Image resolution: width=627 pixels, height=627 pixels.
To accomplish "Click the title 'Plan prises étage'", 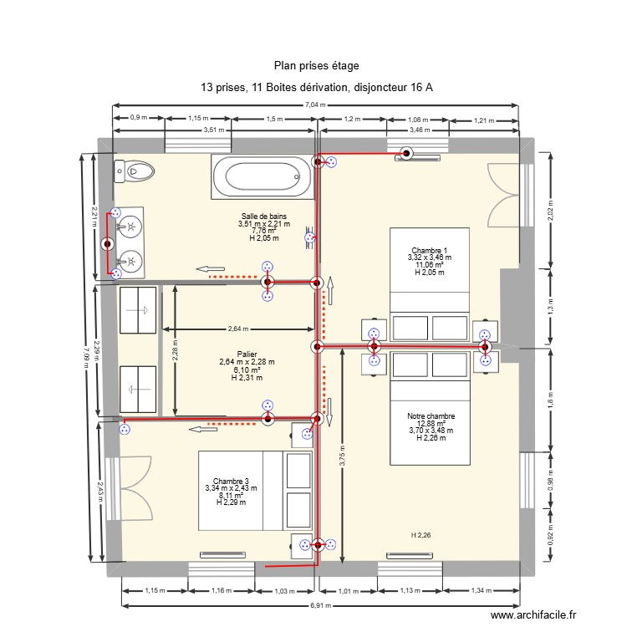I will tap(316, 65).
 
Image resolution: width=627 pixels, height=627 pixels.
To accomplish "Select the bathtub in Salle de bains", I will tap(257, 177).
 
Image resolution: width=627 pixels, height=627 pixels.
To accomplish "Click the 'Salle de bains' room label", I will tap(263, 217).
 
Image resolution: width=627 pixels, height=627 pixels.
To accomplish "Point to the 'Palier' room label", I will tap(247, 354).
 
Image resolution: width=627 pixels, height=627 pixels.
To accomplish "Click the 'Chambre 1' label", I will tap(429, 250).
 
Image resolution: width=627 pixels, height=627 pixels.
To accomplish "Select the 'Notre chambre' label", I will tap(431, 416).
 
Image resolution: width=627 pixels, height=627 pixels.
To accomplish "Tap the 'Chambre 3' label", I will tap(231, 481).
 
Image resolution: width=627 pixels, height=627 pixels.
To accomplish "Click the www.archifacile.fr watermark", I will tap(534, 614).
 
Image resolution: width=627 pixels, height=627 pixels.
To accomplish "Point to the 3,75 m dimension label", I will tap(341, 455).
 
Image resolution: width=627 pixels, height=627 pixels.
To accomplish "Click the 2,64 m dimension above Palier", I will tap(240, 329).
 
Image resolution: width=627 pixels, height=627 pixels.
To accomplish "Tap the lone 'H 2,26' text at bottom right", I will tap(421, 535).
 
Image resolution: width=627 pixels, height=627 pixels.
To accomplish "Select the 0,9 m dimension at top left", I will tap(139, 119).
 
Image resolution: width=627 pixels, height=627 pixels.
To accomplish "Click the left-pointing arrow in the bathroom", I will tap(205, 269).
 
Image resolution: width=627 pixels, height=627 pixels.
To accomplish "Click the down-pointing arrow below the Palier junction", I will tap(329, 410).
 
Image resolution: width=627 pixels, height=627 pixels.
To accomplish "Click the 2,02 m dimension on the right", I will tap(551, 209).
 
